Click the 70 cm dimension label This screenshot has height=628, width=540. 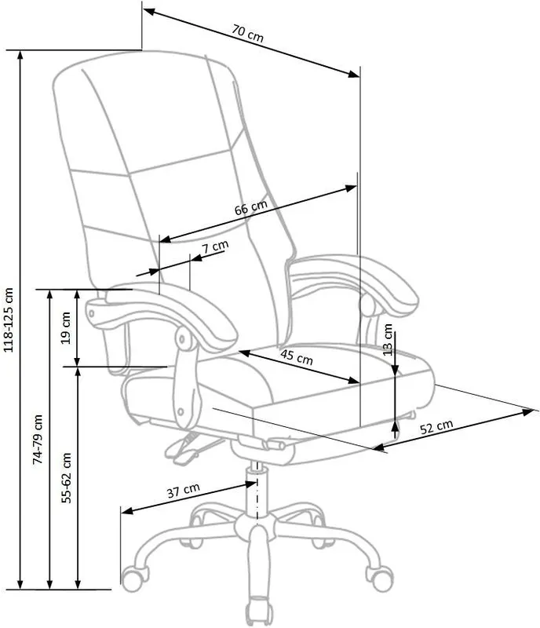(x=247, y=33)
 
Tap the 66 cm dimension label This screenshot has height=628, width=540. (x=251, y=207)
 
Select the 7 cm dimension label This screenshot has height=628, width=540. (x=215, y=246)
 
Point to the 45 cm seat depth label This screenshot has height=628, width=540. (x=297, y=356)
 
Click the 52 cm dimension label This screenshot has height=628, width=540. (x=436, y=426)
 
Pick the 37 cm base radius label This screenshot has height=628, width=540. (x=183, y=490)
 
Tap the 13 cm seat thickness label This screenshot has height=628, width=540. (x=388, y=340)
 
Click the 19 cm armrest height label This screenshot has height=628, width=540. (x=66, y=328)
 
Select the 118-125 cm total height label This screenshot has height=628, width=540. (x=9, y=319)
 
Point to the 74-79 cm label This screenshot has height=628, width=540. (x=37, y=440)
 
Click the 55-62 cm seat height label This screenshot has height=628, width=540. (x=66, y=478)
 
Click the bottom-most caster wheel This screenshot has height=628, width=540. (x=260, y=612)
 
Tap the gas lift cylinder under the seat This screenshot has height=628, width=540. (x=257, y=488)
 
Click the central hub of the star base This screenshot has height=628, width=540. (x=256, y=525)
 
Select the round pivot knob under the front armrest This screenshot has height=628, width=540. (x=183, y=339)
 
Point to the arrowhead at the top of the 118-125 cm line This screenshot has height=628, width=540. (x=20, y=56)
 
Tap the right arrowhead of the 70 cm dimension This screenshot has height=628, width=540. (x=354, y=74)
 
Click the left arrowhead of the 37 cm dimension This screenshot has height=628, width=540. (x=127, y=511)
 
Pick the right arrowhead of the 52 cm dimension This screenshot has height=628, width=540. (x=528, y=411)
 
